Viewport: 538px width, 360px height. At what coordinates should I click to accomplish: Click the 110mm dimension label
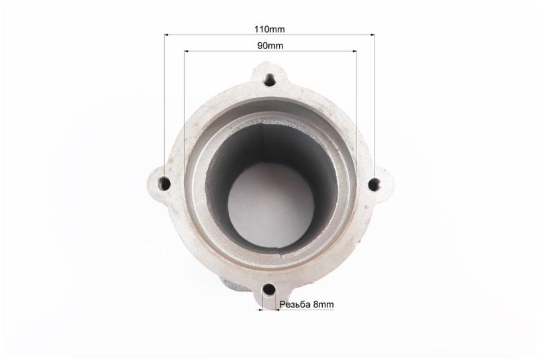270,29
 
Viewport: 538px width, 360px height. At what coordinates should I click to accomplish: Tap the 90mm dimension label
270,46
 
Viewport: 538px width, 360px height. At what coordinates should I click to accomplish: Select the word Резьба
295,304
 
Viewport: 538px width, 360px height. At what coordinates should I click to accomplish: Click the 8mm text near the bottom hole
323,304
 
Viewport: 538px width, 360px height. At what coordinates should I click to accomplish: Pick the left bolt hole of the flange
165,184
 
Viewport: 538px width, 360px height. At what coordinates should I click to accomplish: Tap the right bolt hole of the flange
374,185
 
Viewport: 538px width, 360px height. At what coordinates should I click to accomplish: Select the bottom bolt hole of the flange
270,290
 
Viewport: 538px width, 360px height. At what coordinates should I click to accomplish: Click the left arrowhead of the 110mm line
166,35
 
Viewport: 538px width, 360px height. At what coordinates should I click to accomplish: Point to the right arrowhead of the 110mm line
373,34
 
